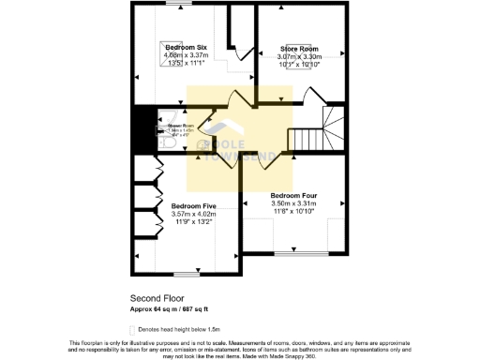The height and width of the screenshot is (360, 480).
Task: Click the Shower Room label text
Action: pyautogui.click(x=181, y=125)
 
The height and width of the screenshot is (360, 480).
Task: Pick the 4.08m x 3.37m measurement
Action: pyautogui.click(x=186, y=55)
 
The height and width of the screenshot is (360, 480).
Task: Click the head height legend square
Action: pyautogui.click(x=132, y=329)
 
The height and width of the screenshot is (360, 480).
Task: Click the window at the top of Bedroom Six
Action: pyautogui.click(x=173, y=5)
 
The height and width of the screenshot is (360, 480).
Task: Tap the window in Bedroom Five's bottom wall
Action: pyautogui.click(x=187, y=275)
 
